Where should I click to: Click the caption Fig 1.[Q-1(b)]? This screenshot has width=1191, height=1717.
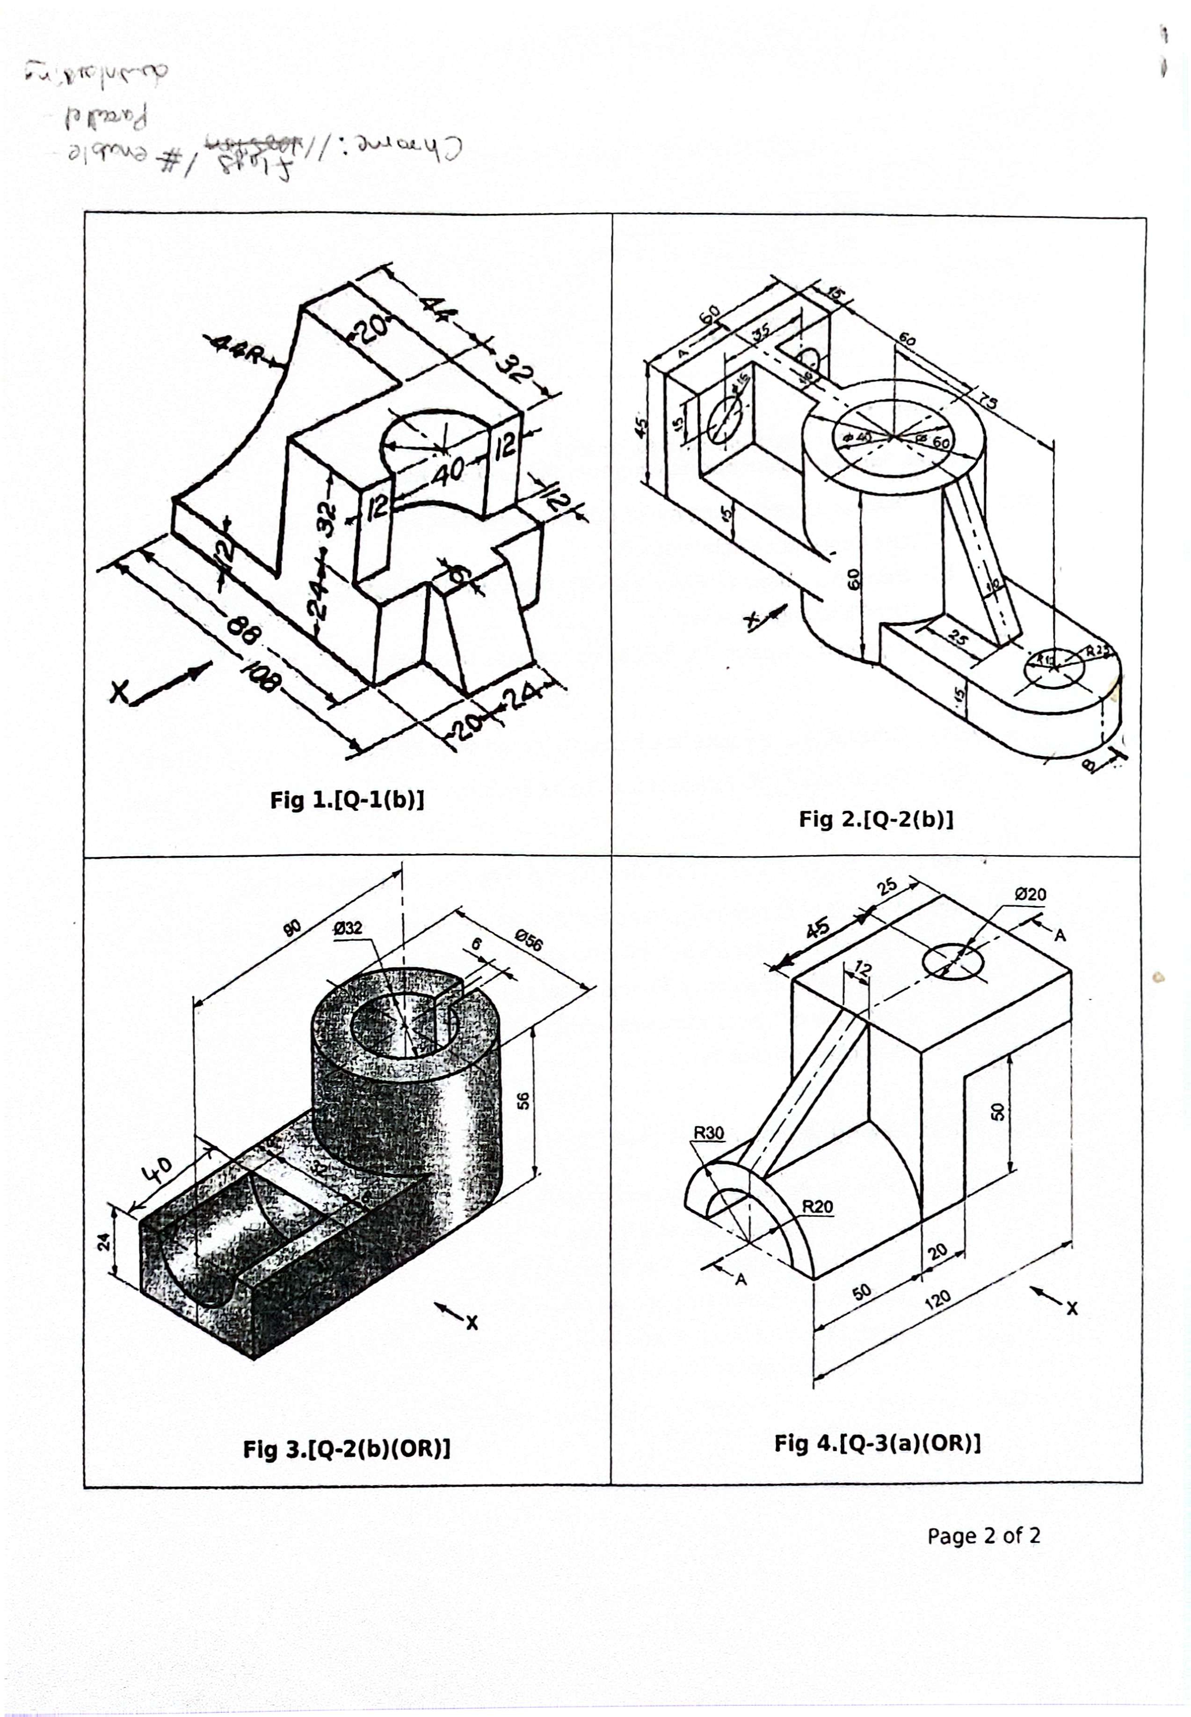click(x=347, y=800)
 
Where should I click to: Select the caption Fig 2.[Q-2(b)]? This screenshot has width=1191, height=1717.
click(x=876, y=820)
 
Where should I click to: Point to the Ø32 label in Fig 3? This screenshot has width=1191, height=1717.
click(x=348, y=928)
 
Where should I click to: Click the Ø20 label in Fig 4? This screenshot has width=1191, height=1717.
click(x=1031, y=895)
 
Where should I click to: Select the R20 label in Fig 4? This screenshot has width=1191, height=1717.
click(x=817, y=1206)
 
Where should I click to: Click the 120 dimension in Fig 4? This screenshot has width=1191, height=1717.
click(x=937, y=1300)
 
